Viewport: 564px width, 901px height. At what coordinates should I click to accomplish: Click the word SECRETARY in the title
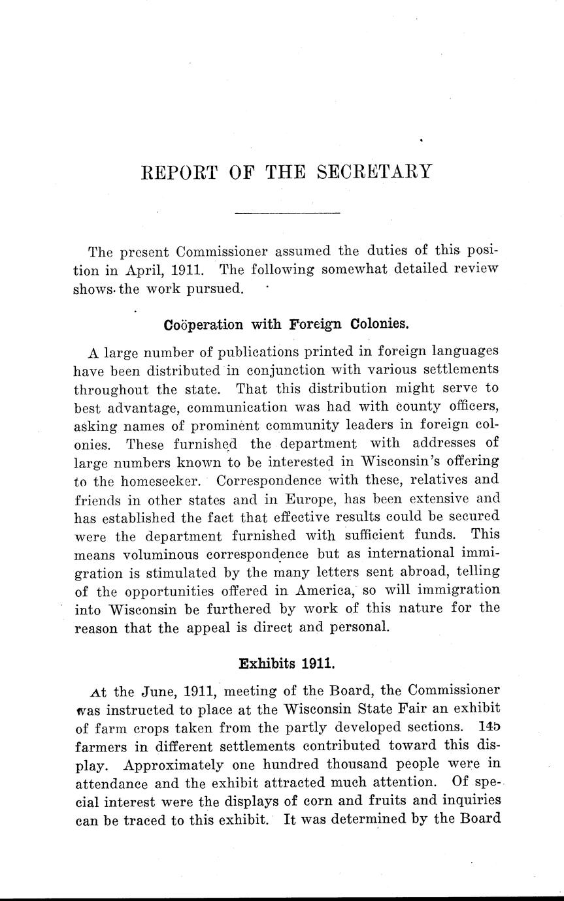pos(374,172)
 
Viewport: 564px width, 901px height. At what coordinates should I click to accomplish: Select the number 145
pos(488,727)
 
